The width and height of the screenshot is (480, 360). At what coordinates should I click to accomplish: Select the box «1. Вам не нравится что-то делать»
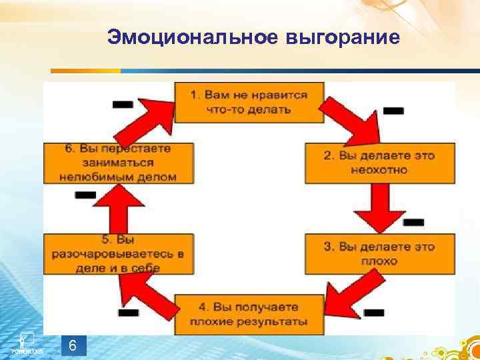point(249,101)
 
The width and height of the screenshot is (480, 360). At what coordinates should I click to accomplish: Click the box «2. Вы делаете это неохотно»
point(379,163)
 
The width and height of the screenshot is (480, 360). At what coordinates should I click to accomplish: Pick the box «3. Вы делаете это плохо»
point(379,253)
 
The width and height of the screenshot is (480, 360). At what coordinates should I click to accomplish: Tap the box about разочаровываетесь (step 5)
point(119,253)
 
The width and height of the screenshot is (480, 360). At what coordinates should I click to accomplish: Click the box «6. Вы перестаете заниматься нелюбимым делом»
point(119,163)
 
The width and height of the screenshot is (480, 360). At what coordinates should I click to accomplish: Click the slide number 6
point(73,346)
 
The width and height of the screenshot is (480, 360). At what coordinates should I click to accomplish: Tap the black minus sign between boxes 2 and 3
point(413,221)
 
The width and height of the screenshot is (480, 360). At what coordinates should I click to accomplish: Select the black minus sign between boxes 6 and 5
point(85,195)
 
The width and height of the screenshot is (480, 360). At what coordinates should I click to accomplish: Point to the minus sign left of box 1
point(123,104)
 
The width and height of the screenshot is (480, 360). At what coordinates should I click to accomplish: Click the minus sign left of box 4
point(127,312)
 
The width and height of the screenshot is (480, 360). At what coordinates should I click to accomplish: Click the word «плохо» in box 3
point(379,261)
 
